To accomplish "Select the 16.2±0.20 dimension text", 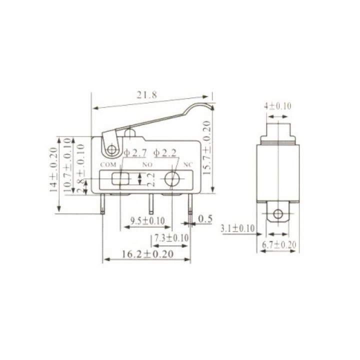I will pos(147,254).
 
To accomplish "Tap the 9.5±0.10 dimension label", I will pos(147,220).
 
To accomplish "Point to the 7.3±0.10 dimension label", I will pos(171,237).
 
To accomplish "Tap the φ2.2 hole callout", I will pos(165,152).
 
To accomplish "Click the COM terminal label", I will pos(108,164).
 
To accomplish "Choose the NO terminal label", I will pos(147,164).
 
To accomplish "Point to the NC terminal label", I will pos(188,164).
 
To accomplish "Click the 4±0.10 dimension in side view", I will pos(277,106).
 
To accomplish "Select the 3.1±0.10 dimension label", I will pos(237,228).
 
